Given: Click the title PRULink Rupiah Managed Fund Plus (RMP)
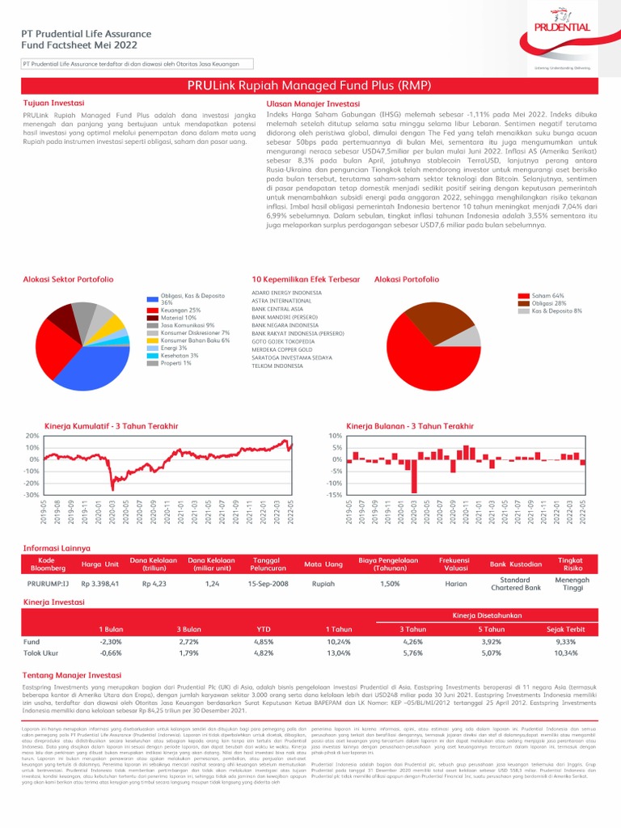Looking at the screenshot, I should click(x=310, y=85).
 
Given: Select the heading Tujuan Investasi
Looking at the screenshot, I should click(x=51, y=104).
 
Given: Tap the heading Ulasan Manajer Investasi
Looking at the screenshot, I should click(x=313, y=104).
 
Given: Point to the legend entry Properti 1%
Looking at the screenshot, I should click(x=175, y=363).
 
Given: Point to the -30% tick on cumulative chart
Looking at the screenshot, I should click(x=32, y=495).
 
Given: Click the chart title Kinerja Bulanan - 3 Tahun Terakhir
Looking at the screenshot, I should click(x=410, y=425).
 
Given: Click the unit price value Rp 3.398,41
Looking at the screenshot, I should click(x=100, y=582).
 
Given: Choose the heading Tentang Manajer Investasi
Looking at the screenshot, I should click(x=72, y=674).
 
